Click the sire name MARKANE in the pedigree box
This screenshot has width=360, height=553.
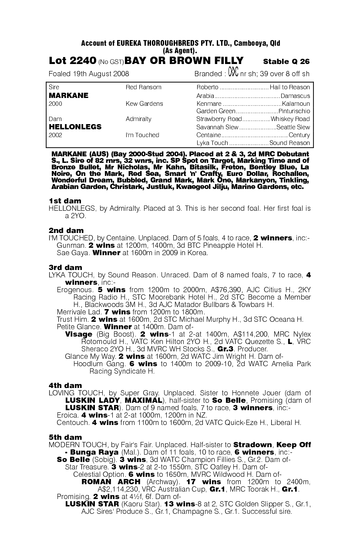click(x=68, y=95)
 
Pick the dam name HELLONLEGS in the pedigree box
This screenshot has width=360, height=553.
click(x=75, y=127)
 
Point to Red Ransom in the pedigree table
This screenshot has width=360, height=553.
click(x=143, y=88)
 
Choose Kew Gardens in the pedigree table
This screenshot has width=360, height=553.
click(x=144, y=104)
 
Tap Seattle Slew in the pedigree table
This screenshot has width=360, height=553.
click(x=293, y=127)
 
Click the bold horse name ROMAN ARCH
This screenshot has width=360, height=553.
click(x=111, y=482)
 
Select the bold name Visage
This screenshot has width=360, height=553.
click(x=78, y=334)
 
